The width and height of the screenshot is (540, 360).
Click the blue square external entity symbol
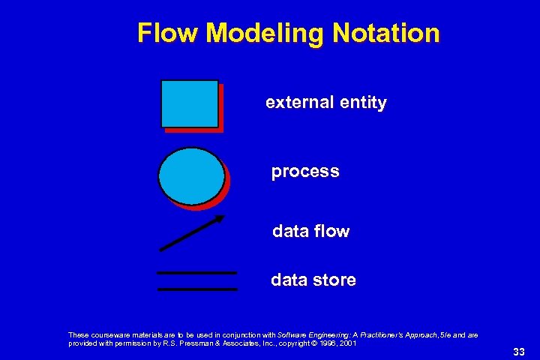click(190, 103)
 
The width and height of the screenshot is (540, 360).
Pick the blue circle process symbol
click(191, 176)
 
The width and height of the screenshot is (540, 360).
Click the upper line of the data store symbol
click(196, 272)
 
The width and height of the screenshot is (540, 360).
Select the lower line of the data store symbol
click(197, 288)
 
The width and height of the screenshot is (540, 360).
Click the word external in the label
click(296, 103)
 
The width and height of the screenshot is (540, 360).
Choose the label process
click(305, 172)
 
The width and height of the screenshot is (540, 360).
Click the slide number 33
click(519, 352)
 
